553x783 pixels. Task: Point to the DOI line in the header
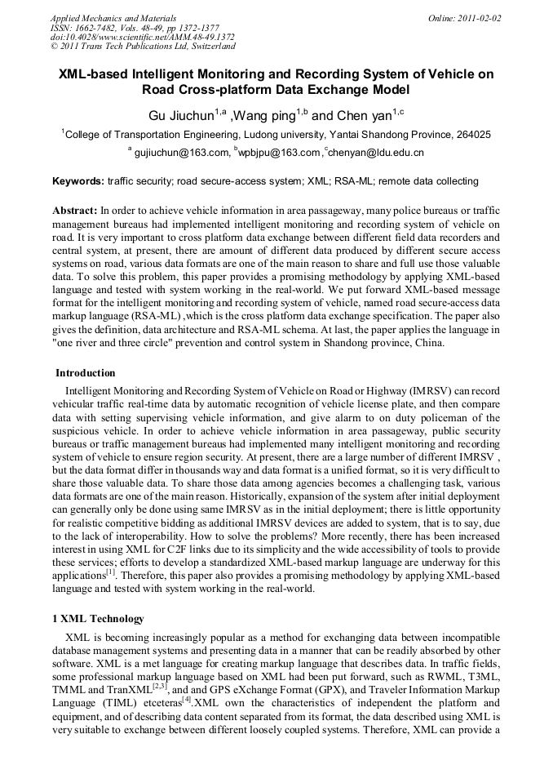(x=142, y=37)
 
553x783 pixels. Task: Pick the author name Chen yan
(x=363, y=116)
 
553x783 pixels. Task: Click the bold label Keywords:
(x=78, y=181)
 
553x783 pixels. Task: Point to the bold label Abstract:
(x=75, y=210)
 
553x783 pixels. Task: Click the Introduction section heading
(x=85, y=373)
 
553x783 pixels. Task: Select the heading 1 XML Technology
(x=98, y=618)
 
